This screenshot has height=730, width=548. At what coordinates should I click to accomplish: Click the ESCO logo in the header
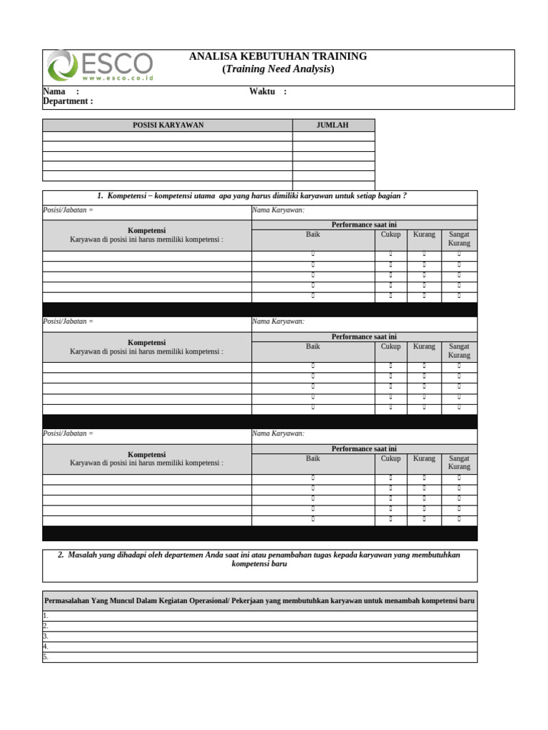99,66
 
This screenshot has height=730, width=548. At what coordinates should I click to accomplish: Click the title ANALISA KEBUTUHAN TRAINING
278,56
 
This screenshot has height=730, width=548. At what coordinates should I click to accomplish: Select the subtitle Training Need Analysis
278,69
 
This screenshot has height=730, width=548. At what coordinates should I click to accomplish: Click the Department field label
68,101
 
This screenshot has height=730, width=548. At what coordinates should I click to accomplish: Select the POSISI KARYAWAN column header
168,125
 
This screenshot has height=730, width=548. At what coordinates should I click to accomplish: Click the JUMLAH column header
333,125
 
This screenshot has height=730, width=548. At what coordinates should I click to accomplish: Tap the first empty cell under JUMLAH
333,136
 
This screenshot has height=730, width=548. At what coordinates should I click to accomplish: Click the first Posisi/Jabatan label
68,210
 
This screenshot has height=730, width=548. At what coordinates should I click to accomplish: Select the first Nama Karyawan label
278,210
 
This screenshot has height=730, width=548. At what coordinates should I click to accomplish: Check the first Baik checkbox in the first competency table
313,254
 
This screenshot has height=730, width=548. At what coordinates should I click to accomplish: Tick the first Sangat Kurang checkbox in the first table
459,254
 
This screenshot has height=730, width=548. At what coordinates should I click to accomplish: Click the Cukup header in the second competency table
390,346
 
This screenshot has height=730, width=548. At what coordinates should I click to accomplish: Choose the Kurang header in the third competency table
424,458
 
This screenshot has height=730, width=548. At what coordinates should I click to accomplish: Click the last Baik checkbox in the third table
313,519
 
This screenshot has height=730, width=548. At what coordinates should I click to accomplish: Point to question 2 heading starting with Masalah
260,560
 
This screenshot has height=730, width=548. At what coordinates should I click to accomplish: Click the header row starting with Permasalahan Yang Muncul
260,601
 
